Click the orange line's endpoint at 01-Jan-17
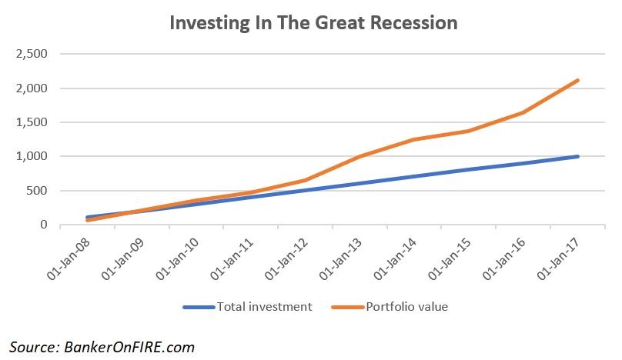(577, 80)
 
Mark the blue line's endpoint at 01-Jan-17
(577, 156)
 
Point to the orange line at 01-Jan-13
(359, 157)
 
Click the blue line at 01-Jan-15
(468, 169)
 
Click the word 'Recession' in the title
(414, 22)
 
